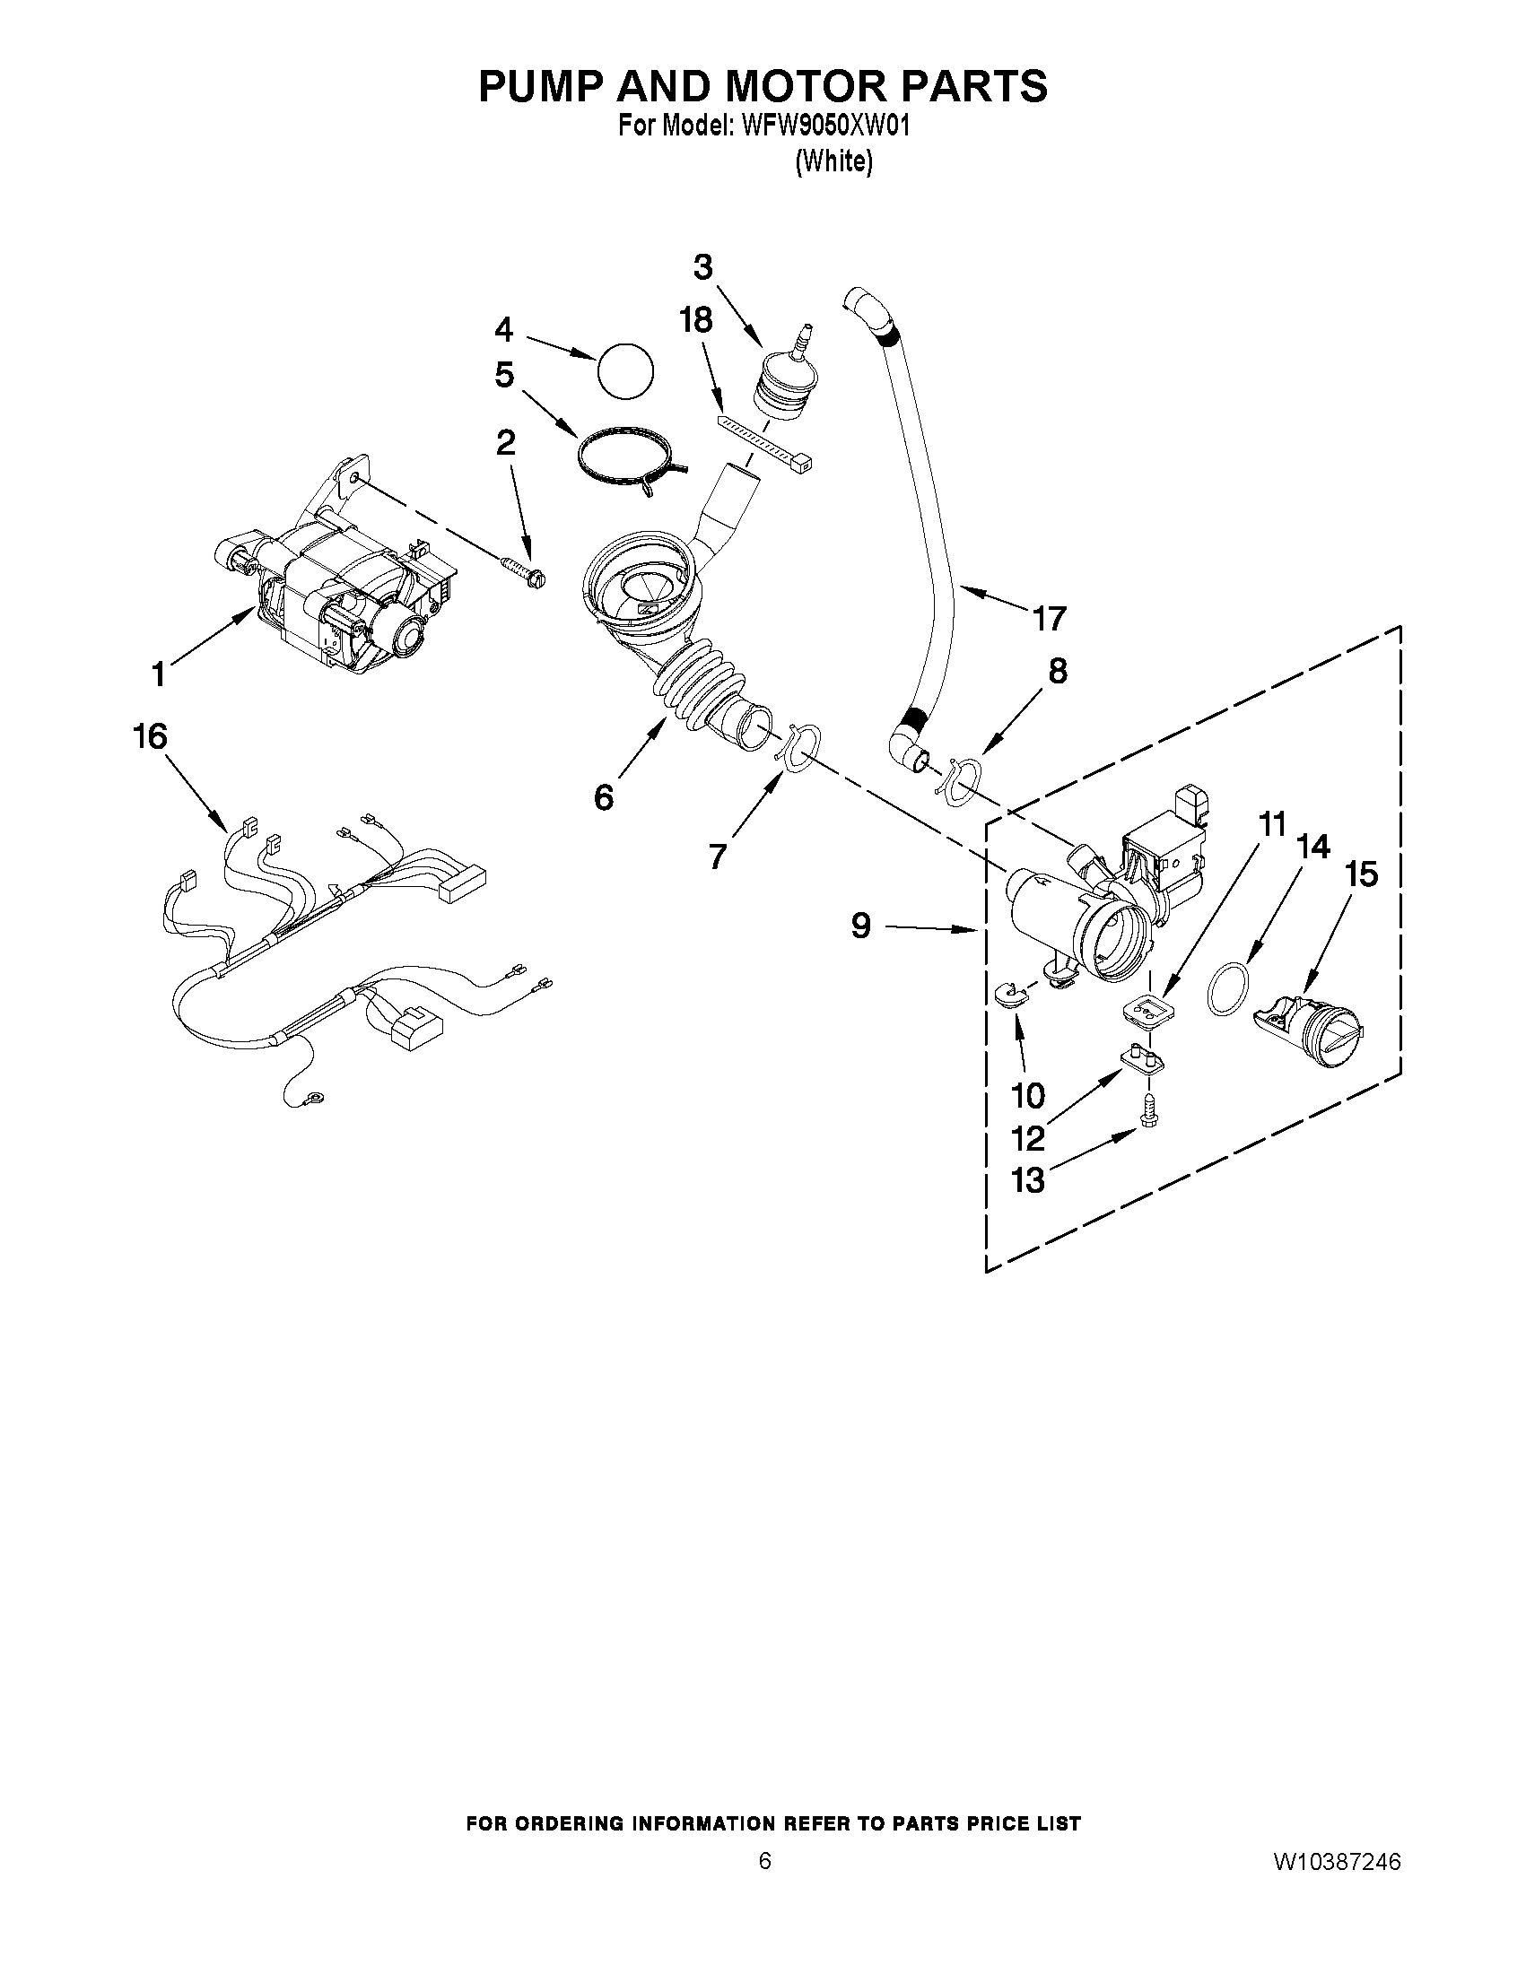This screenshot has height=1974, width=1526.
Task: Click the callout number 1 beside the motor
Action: click(159, 674)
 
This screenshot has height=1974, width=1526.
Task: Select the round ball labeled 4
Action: click(624, 370)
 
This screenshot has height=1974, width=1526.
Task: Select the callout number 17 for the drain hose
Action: click(1050, 619)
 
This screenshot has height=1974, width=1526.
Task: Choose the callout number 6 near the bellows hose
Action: click(603, 796)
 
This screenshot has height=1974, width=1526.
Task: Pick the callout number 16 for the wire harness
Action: click(150, 736)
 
